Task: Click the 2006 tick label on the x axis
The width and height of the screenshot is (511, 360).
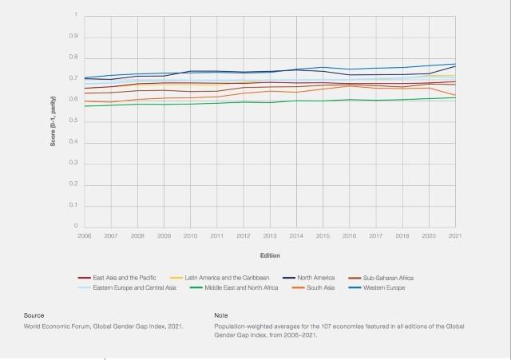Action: point(84,236)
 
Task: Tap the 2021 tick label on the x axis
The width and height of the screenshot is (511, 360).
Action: point(455,236)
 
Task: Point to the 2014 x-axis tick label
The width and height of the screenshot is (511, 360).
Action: point(296,236)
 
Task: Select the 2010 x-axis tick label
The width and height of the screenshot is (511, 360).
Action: point(190,236)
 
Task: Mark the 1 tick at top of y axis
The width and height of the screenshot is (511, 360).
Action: point(76,15)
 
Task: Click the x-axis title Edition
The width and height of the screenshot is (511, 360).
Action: point(269,255)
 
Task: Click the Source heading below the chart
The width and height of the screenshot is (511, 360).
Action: point(34,315)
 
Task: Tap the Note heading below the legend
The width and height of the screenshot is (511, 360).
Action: point(222,315)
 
